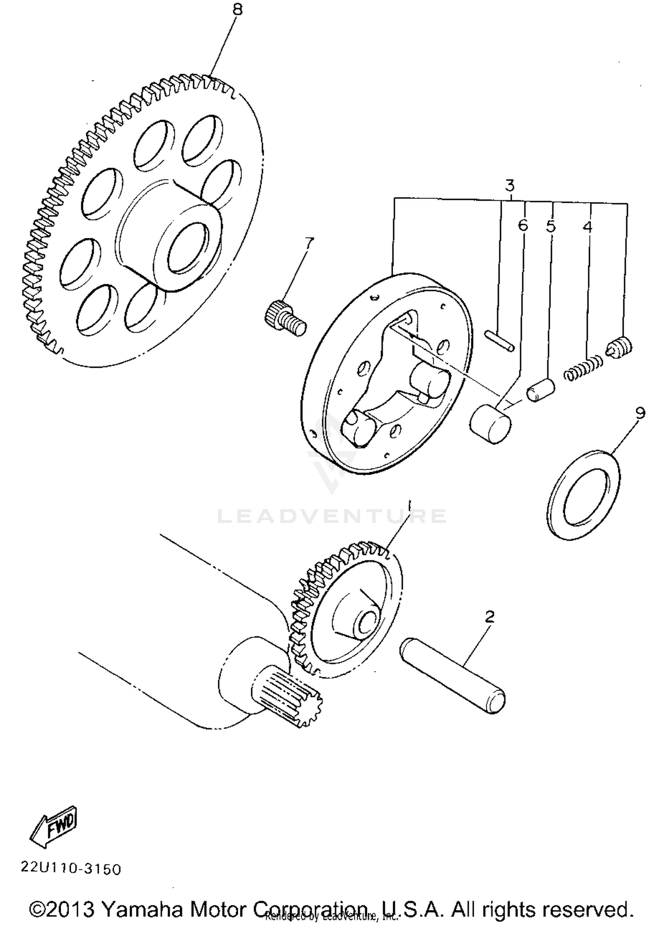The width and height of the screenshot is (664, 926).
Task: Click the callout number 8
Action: click(238, 10)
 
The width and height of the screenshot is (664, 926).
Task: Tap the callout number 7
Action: click(309, 242)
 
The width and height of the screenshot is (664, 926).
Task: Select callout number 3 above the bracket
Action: click(510, 185)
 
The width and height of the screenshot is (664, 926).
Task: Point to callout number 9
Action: click(640, 413)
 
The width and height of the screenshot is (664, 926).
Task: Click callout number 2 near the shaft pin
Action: click(489, 616)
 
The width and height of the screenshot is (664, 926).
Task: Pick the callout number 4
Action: click(587, 226)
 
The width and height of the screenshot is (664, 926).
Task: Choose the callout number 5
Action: click(550, 226)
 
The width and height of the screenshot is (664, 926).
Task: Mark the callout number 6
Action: click(523, 225)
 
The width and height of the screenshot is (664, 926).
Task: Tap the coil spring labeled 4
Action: click(583, 368)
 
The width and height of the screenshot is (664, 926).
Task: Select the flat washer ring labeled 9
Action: click(583, 495)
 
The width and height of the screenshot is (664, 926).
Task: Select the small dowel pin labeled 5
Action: click(540, 390)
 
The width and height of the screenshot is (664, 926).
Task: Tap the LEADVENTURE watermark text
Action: click(332, 516)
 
